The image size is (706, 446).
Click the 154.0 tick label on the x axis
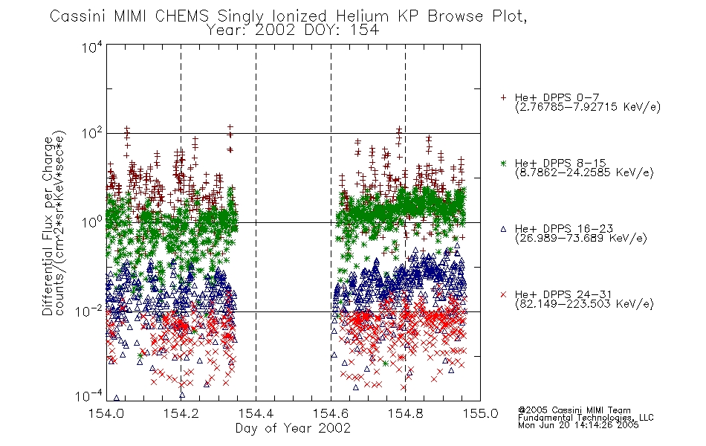pyautogui.click(x=106, y=413)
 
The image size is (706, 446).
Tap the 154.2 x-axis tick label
pyautogui.click(x=181, y=413)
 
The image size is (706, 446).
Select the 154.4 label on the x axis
pyautogui.click(x=256, y=413)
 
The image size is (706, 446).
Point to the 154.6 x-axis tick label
pyautogui.click(x=331, y=413)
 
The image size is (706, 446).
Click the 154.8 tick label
pyautogui.click(x=405, y=413)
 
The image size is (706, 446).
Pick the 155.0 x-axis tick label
pyautogui.click(x=480, y=413)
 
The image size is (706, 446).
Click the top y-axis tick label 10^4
pyautogui.click(x=92, y=47)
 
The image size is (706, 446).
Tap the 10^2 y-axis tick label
pyautogui.click(x=92, y=134)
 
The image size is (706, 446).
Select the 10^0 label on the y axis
pyautogui.click(x=92, y=222)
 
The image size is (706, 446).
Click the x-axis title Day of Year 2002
pyautogui.click(x=293, y=428)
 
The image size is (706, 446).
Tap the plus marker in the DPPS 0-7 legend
pyautogui.click(x=503, y=97)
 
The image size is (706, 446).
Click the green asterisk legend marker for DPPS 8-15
pyautogui.click(x=503, y=163)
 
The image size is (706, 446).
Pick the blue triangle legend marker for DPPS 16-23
pyautogui.click(x=503, y=229)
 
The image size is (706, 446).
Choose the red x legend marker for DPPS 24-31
pyautogui.click(x=503, y=294)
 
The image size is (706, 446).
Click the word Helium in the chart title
pyautogui.click(x=362, y=16)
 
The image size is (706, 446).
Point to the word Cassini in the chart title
pyautogui.click(x=78, y=16)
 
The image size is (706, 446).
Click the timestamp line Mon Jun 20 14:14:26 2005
pyautogui.click(x=578, y=425)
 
